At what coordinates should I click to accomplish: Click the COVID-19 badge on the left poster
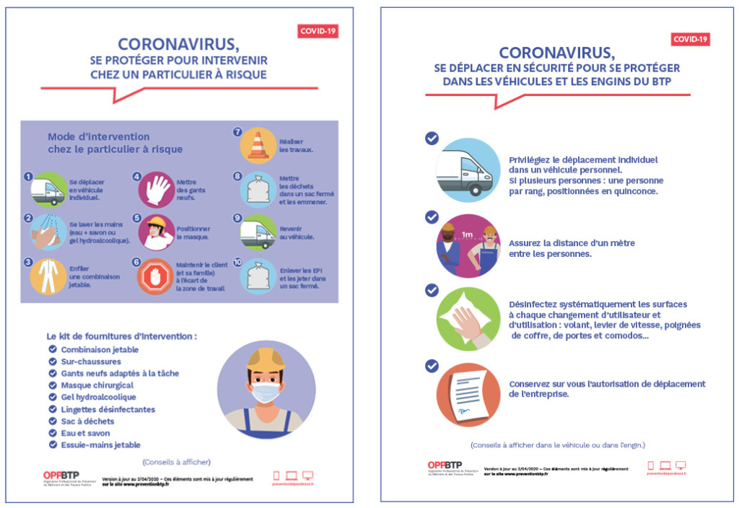point(318,31)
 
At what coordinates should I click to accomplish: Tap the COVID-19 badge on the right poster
point(691,40)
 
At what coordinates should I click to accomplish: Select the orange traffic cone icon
point(257,144)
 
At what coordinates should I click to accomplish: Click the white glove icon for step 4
point(156,189)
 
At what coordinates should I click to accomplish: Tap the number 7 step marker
point(237,132)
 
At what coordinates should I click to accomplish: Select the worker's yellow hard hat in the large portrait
point(266,359)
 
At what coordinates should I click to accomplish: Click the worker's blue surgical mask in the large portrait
point(266,391)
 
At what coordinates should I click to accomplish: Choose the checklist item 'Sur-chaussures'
point(91,362)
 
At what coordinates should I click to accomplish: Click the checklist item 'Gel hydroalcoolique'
point(98,397)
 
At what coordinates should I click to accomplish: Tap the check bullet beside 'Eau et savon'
point(53,433)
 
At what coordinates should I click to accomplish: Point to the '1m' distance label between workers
point(468,234)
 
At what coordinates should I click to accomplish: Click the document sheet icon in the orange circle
point(468,395)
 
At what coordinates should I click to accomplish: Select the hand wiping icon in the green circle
point(468,319)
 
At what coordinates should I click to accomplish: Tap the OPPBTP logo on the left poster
point(61,474)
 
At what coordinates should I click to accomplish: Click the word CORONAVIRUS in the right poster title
point(556,53)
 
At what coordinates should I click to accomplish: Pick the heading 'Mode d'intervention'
point(98,136)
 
